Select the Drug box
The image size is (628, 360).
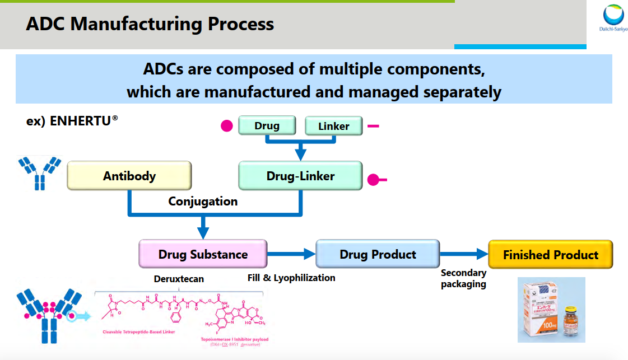[x=267, y=125]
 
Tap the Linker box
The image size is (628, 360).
[x=333, y=126]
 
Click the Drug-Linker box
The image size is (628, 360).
[x=300, y=176]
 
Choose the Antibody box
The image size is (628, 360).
[x=129, y=176]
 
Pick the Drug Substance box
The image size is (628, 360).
[x=203, y=254]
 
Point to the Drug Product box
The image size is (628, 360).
[x=378, y=254]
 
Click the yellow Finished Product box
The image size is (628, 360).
[x=550, y=255]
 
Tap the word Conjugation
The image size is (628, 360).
[x=203, y=201]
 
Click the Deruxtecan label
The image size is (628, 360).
[x=179, y=278]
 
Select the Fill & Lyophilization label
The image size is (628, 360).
[x=291, y=278]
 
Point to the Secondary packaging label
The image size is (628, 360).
[x=463, y=278]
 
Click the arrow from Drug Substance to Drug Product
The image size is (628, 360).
[x=291, y=254]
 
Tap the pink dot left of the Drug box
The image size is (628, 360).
[x=226, y=126]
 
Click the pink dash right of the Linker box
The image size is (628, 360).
[x=373, y=126]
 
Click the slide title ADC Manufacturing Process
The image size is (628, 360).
[x=150, y=24]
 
